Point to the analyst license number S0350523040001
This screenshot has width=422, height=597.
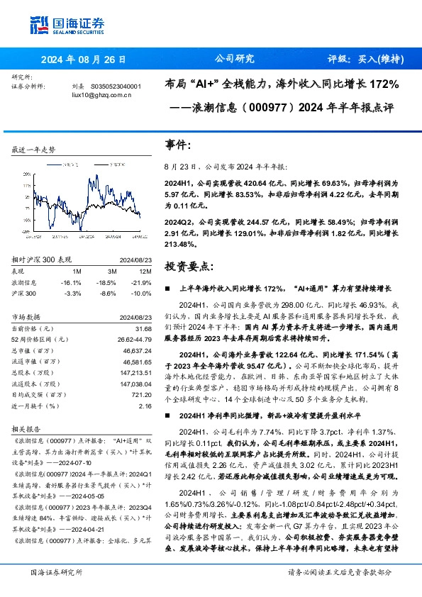pos(117,87)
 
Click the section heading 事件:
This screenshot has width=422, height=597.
pos(178,145)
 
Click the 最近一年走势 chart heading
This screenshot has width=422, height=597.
pos(33,150)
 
